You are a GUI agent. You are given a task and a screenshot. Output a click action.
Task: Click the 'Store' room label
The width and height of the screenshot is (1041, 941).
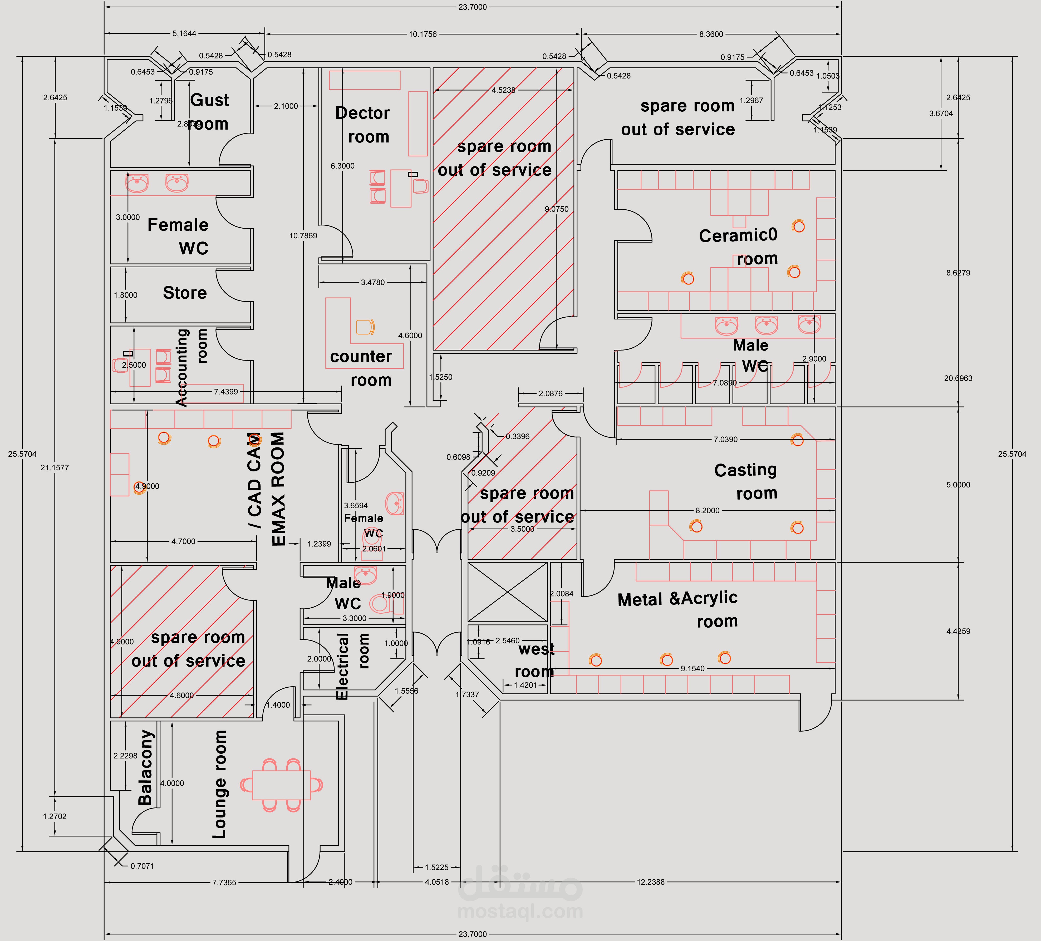point(185,293)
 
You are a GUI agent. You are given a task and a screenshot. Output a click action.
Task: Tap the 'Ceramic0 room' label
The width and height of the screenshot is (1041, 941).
point(738,246)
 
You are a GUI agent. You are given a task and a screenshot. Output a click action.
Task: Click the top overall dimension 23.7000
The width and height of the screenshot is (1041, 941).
point(472,7)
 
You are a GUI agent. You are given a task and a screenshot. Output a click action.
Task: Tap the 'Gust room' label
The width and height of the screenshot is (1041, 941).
point(209,111)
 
